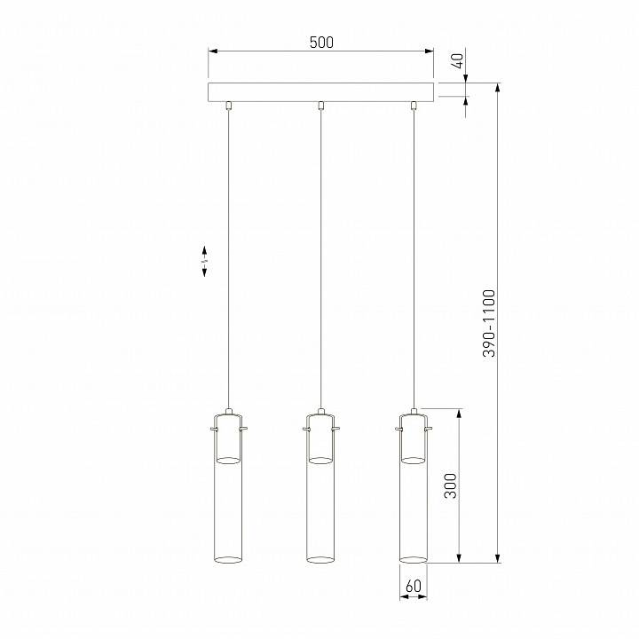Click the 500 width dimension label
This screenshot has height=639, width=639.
(x=321, y=42)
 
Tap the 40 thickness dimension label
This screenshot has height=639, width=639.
(x=459, y=61)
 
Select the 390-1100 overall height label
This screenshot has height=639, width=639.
(x=489, y=323)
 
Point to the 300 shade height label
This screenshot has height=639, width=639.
(x=450, y=485)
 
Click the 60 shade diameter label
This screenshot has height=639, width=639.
(x=413, y=586)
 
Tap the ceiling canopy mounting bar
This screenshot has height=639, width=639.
(x=321, y=92)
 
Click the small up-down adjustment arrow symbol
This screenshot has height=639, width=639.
(x=205, y=260)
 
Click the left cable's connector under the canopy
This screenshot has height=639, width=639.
(x=229, y=106)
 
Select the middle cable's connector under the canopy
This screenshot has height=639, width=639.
(x=321, y=106)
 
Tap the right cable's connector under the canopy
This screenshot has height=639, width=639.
(x=414, y=106)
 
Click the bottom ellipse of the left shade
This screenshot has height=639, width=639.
(x=229, y=559)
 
